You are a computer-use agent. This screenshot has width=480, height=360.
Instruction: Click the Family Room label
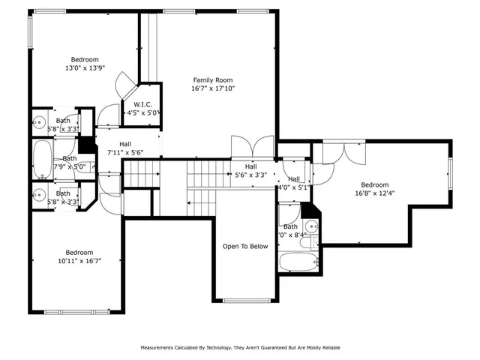[x=213, y=79]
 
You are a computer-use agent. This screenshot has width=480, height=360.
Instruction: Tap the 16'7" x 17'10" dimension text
[x=213, y=88]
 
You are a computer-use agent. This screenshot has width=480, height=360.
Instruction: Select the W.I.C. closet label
[x=144, y=103]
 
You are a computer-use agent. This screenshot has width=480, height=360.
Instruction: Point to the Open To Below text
[x=244, y=246]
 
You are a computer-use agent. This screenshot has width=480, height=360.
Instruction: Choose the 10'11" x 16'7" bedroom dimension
[x=78, y=261]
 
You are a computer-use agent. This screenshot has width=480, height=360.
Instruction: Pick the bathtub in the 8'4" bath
[x=298, y=262]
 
